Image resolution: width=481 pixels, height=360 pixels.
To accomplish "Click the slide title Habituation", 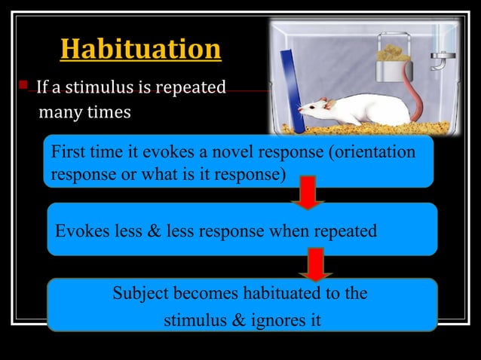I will (x=140, y=50).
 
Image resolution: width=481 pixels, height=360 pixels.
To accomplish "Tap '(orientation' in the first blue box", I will (x=372, y=152).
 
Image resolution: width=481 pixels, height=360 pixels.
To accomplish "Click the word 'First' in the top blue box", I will (x=67, y=152).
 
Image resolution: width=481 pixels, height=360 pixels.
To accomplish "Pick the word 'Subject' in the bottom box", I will (x=141, y=293).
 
